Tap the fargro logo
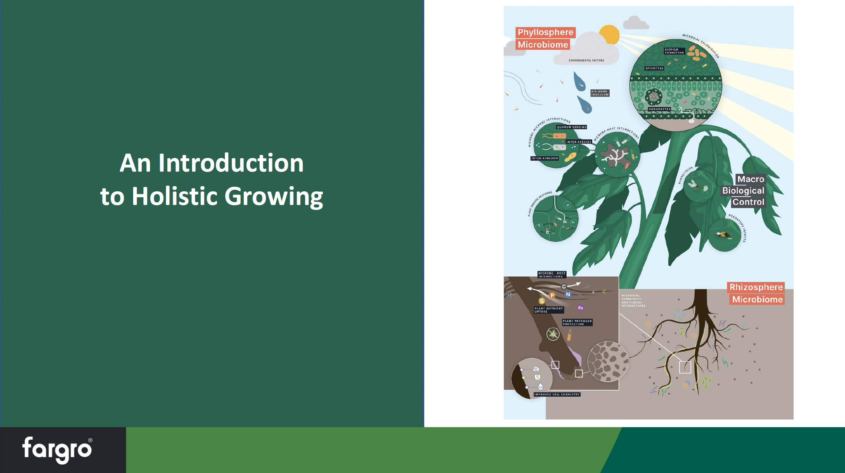coord(57,449)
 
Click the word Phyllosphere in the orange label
coord(545,32)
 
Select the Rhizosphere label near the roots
coord(756,287)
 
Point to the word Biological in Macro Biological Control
coord(743,191)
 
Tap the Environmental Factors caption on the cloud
coord(586,60)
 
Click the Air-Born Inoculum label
coord(600,93)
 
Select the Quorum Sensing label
coord(572,127)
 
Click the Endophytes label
coord(660,109)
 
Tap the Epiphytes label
coord(654,68)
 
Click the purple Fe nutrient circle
coord(580,308)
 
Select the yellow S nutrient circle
coord(542,301)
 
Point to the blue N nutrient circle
coord(568,294)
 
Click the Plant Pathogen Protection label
coord(577,323)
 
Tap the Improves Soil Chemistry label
coord(557,395)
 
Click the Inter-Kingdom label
coord(545,158)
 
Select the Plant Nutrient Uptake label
coord(549,310)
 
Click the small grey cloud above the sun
coord(635,23)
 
